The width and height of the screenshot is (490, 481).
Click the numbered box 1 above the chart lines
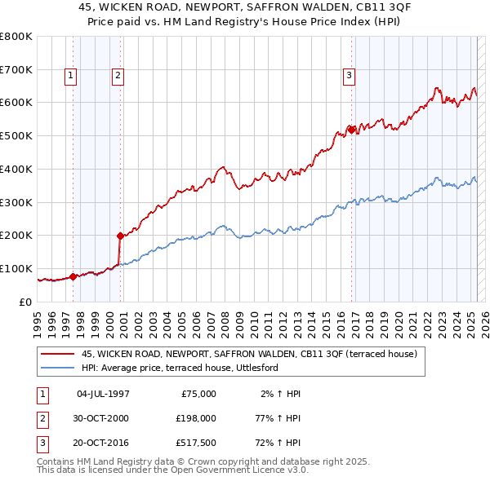click(x=71, y=76)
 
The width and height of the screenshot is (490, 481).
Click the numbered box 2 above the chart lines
click(x=118, y=76)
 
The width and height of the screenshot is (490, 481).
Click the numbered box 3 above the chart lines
click(x=349, y=76)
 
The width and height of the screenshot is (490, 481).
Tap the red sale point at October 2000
click(x=120, y=236)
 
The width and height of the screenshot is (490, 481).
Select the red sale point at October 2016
click(x=351, y=129)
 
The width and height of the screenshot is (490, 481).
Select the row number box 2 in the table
click(x=41, y=419)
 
